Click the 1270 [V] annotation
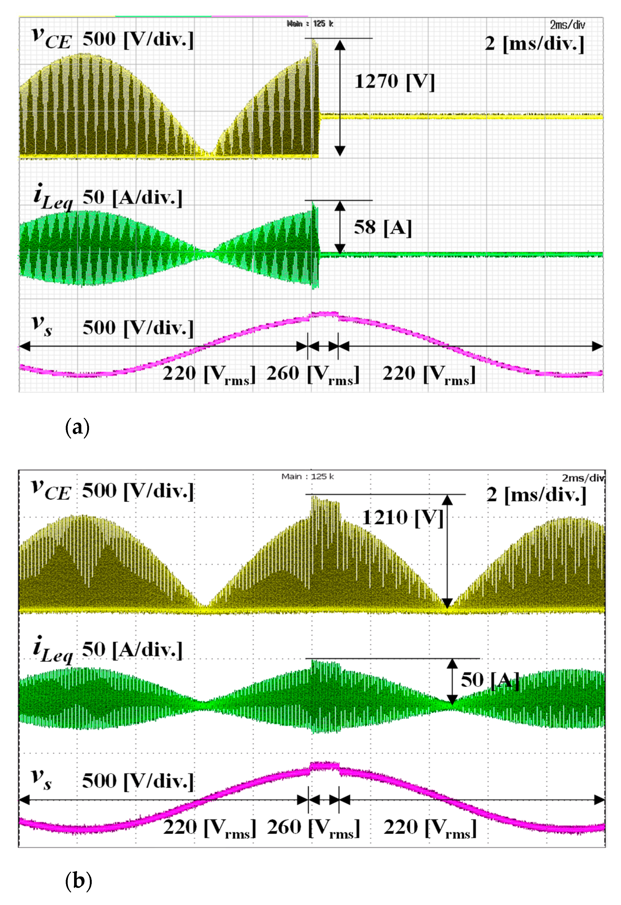tap(394, 82)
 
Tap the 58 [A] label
tap(382, 227)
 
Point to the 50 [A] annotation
tap(489, 680)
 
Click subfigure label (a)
tap(78, 427)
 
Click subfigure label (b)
tap(78, 880)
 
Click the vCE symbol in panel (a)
tap(51, 39)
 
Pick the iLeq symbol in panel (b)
tap(52, 648)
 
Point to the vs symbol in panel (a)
tap(42, 325)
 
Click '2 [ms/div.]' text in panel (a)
tap(535, 44)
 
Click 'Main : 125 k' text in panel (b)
tap(307, 477)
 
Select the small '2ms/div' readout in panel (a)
tap(567, 25)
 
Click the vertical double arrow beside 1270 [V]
tap(340, 97)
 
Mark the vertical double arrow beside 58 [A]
tap(340, 227)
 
